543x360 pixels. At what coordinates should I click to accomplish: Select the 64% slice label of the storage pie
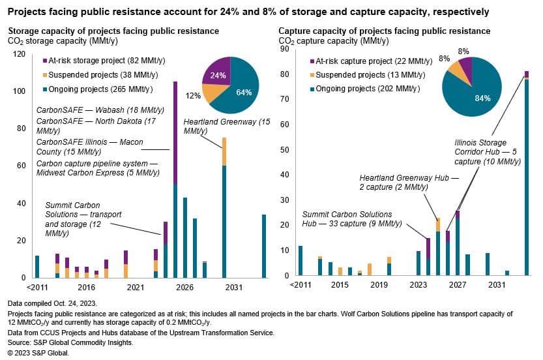tap(244, 92)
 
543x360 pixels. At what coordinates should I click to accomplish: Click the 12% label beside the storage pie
tap(194, 96)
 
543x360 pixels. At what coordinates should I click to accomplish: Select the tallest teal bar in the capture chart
tap(526, 176)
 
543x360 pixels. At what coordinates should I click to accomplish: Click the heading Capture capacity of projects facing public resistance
tap(384, 31)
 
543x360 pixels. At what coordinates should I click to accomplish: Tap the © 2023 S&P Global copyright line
tap(38, 353)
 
